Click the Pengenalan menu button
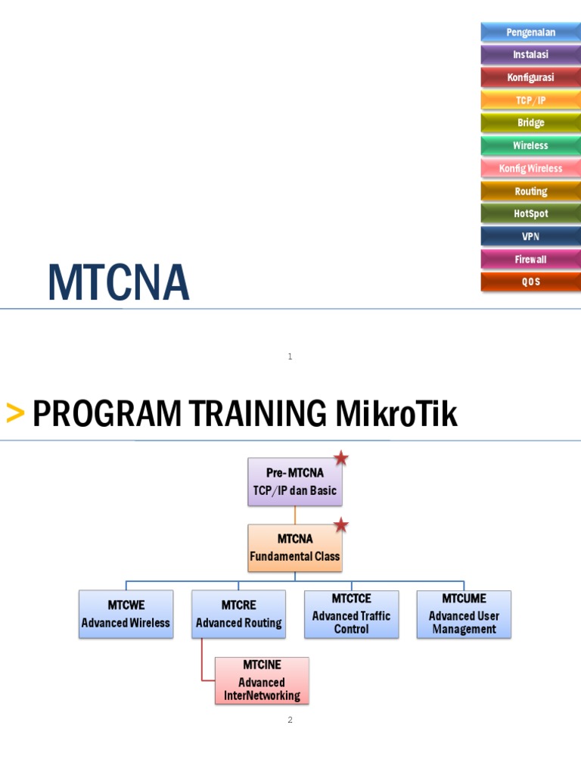(x=530, y=32)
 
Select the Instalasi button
(x=530, y=54)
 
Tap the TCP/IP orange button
(x=530, y=100)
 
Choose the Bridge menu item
(x=530, y=123)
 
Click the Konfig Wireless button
(x=530, y=168)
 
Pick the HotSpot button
(x=530, y=213)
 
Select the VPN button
(x=530, y=236)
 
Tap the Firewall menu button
(x=530, y=259)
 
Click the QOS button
(x=530, y=282)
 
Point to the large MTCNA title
(x=118, y=283)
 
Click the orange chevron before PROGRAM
(x=14, y=414)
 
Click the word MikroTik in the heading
(x=396, y=414)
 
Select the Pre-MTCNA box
(x=295, y=481)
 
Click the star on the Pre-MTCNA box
(x=341, y=458)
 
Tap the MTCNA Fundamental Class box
(x=295, y=548)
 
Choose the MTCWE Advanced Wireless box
(x=126, y=614)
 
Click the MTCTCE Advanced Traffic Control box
(x=351, y=614)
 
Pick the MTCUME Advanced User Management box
(x=464, y=614)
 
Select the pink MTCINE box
(x=262, y=680)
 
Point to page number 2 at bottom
(x=290, y=720)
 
